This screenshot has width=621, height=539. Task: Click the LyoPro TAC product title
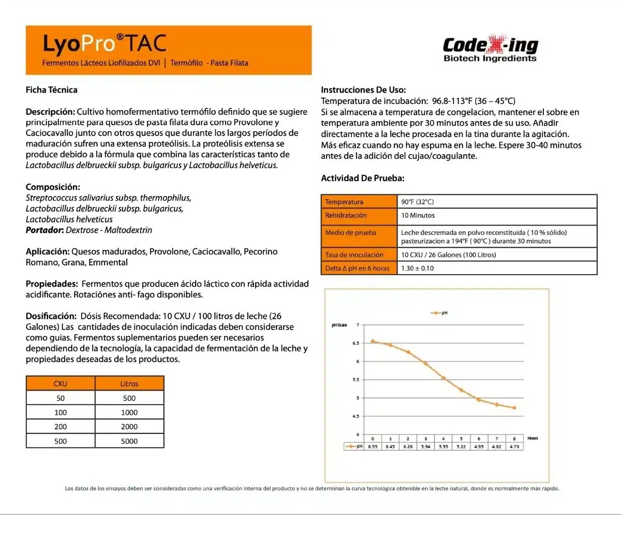pyautogui.click(x=105, y=44)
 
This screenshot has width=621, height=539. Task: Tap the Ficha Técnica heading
pyautogui.click(x=52, y=90)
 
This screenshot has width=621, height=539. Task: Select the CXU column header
pyautogui.click(x=61, y=384)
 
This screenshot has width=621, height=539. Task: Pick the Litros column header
pyautogui.click(x=129, y=384)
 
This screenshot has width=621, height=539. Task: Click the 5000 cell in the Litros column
pyautogui.click(x=129, y=441)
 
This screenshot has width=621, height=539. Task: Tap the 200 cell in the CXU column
pyautogui.click(x=61, y=427)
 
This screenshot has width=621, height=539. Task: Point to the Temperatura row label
pyautogui.click(x=344, y=202)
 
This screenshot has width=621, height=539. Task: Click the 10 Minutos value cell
pyautogui.click(x=418, y=216)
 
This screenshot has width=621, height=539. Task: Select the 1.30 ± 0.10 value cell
pyautogui.click(x=418, y=268)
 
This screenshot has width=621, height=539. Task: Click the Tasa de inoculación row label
pyautogui.click(x=354, y=255)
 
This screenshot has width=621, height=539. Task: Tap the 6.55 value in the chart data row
pyautogui.click(x=373, y=446)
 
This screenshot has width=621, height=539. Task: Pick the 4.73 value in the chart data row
pyautogui.click(x=514, y=446)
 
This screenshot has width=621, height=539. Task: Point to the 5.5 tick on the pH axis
pyautogui.click(x=356, y=380)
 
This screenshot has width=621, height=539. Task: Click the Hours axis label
pyautogui.click(x=533, y=438)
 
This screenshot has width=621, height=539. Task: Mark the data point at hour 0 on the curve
pyautogui.click(x=373, y=341)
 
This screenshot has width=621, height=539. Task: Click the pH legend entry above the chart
pyautogui.click(x=439, y=313)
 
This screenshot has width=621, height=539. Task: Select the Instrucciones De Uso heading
pyautogui.click(x=363, y=90)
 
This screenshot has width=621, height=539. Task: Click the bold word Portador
pyautogui.click(x=45, y=230)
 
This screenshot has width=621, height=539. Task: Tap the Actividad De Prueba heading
pyautogui.click(x=362, y=178)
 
